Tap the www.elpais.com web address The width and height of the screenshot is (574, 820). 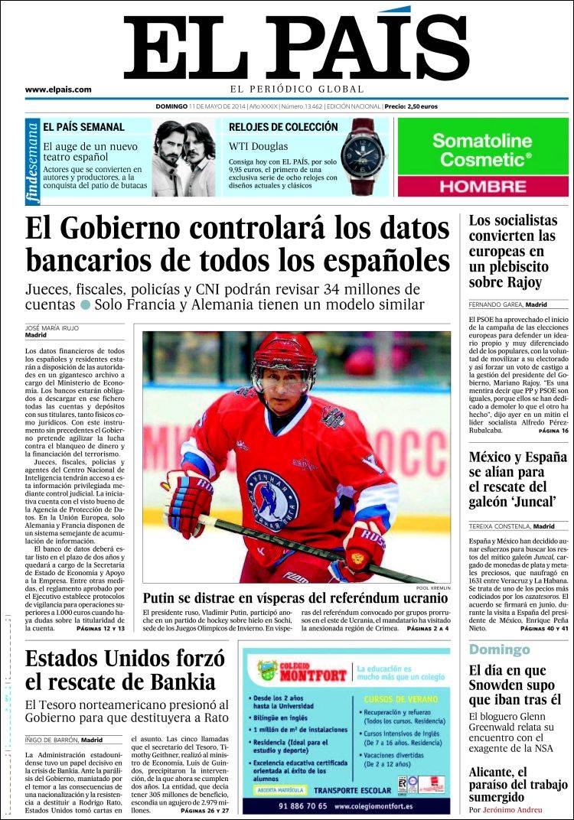(x=58, y=89)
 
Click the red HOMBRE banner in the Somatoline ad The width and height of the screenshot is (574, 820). (x=483, y=186)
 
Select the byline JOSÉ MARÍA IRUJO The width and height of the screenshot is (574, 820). (x=52, y=327)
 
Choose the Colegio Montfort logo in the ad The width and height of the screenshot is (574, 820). (x=298, y=671)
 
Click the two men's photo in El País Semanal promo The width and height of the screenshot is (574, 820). (x=184, y=158)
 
